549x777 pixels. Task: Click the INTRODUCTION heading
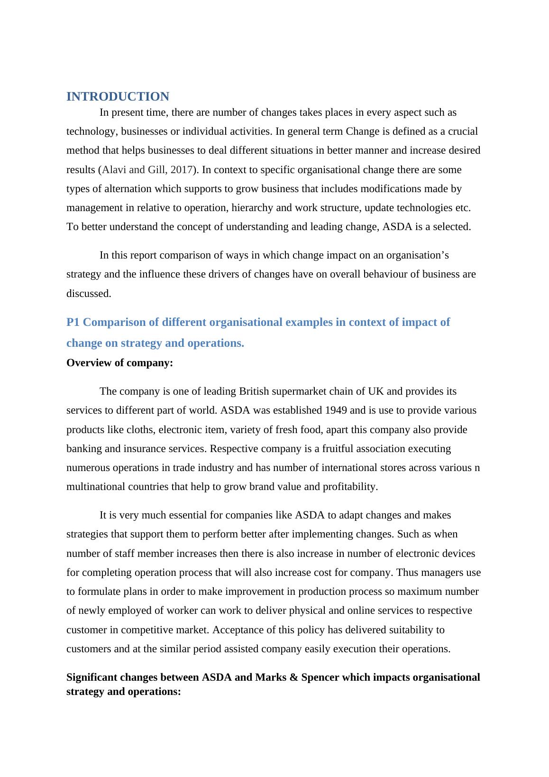coord(118,97)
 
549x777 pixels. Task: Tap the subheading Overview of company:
coord(120,363)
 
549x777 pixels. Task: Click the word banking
coord(83,449)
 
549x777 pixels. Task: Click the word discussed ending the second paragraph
coord(89,294)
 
